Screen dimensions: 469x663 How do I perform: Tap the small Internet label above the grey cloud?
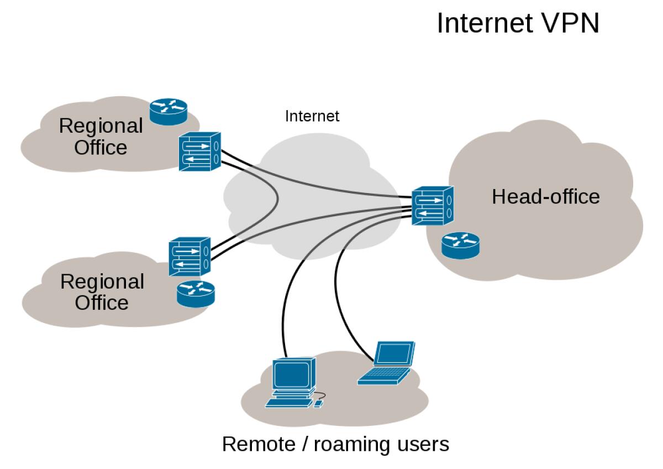[312, 116]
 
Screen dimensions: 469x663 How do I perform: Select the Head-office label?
[545, 196]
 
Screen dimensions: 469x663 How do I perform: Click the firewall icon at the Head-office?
[433, 205]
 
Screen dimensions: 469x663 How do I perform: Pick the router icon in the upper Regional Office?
[169, 112]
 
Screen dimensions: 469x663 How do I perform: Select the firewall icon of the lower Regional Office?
[190, 256]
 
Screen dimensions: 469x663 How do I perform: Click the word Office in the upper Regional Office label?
[101, 148]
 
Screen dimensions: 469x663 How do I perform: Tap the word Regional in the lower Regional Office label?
[102, 282]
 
